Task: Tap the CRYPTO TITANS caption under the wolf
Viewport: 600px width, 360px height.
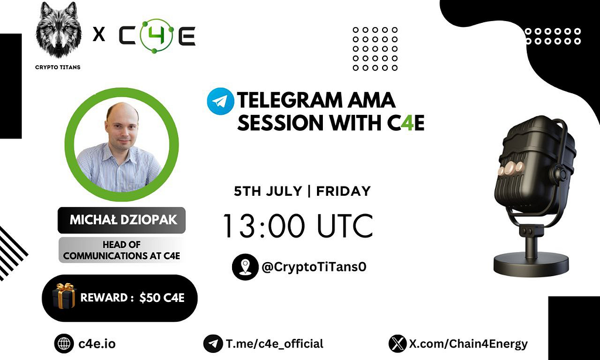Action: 57,67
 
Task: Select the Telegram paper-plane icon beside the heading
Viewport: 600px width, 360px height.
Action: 219,101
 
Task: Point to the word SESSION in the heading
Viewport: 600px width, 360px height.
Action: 280,123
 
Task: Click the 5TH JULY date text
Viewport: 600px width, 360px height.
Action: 266,191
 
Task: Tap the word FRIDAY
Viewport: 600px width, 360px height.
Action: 345,191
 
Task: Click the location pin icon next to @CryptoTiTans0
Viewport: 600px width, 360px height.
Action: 244,266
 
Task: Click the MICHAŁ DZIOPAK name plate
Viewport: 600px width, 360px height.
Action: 121,221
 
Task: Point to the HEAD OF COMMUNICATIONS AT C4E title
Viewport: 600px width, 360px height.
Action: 121,250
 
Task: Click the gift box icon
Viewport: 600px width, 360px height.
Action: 64,296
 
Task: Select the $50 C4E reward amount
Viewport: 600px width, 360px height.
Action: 162,298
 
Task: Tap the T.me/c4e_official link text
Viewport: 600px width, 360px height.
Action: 274,344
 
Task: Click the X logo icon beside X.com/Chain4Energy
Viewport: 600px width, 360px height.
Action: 398,344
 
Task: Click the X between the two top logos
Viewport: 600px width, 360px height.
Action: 99,36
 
